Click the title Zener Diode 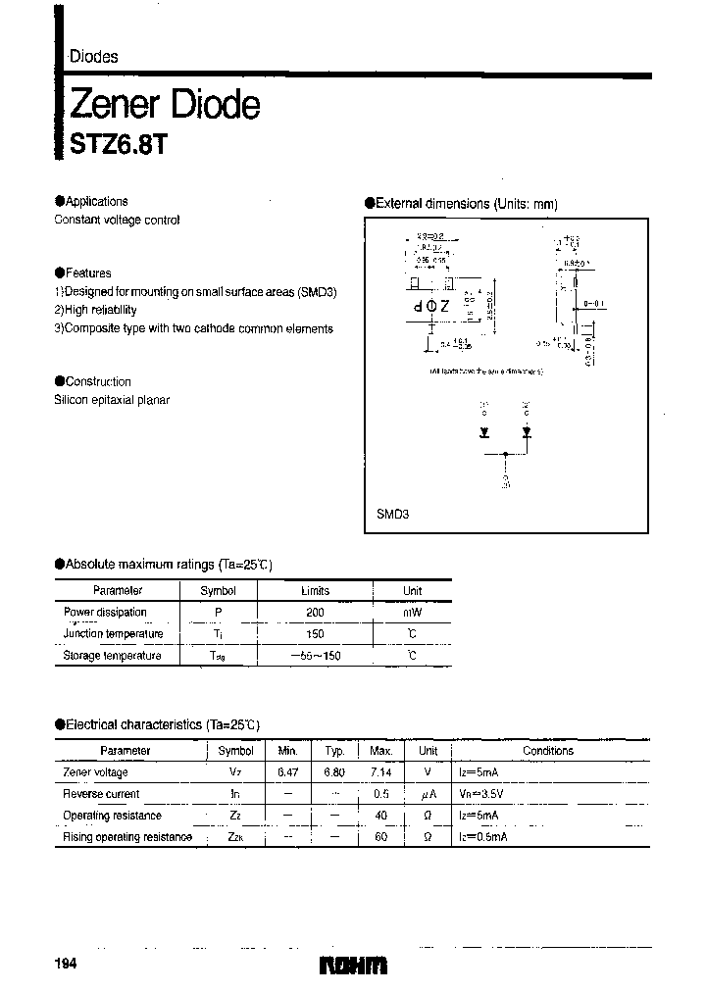(x=164, y=104)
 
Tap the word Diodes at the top (x=93, y=57)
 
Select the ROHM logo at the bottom (x=354, y=966)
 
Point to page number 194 (x=66, y=965)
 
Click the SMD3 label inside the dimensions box (x=392, y=514)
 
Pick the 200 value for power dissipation (x=315, y=612)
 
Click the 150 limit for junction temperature (x=315, y=633)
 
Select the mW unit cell (x=412, y=612)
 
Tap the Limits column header (x=315, y=591)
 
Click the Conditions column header (x=548, y=751)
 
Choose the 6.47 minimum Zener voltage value (x=287, y=772)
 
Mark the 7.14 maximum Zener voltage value (x=380, y=772)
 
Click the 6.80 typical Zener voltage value (x=334, y=772)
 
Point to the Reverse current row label (x=101, y=794)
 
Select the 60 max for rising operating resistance (x=380, y=837)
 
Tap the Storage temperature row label (x=112, y=655)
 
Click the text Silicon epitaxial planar (x=112, y=400)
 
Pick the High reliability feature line (x=95, y=310)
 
